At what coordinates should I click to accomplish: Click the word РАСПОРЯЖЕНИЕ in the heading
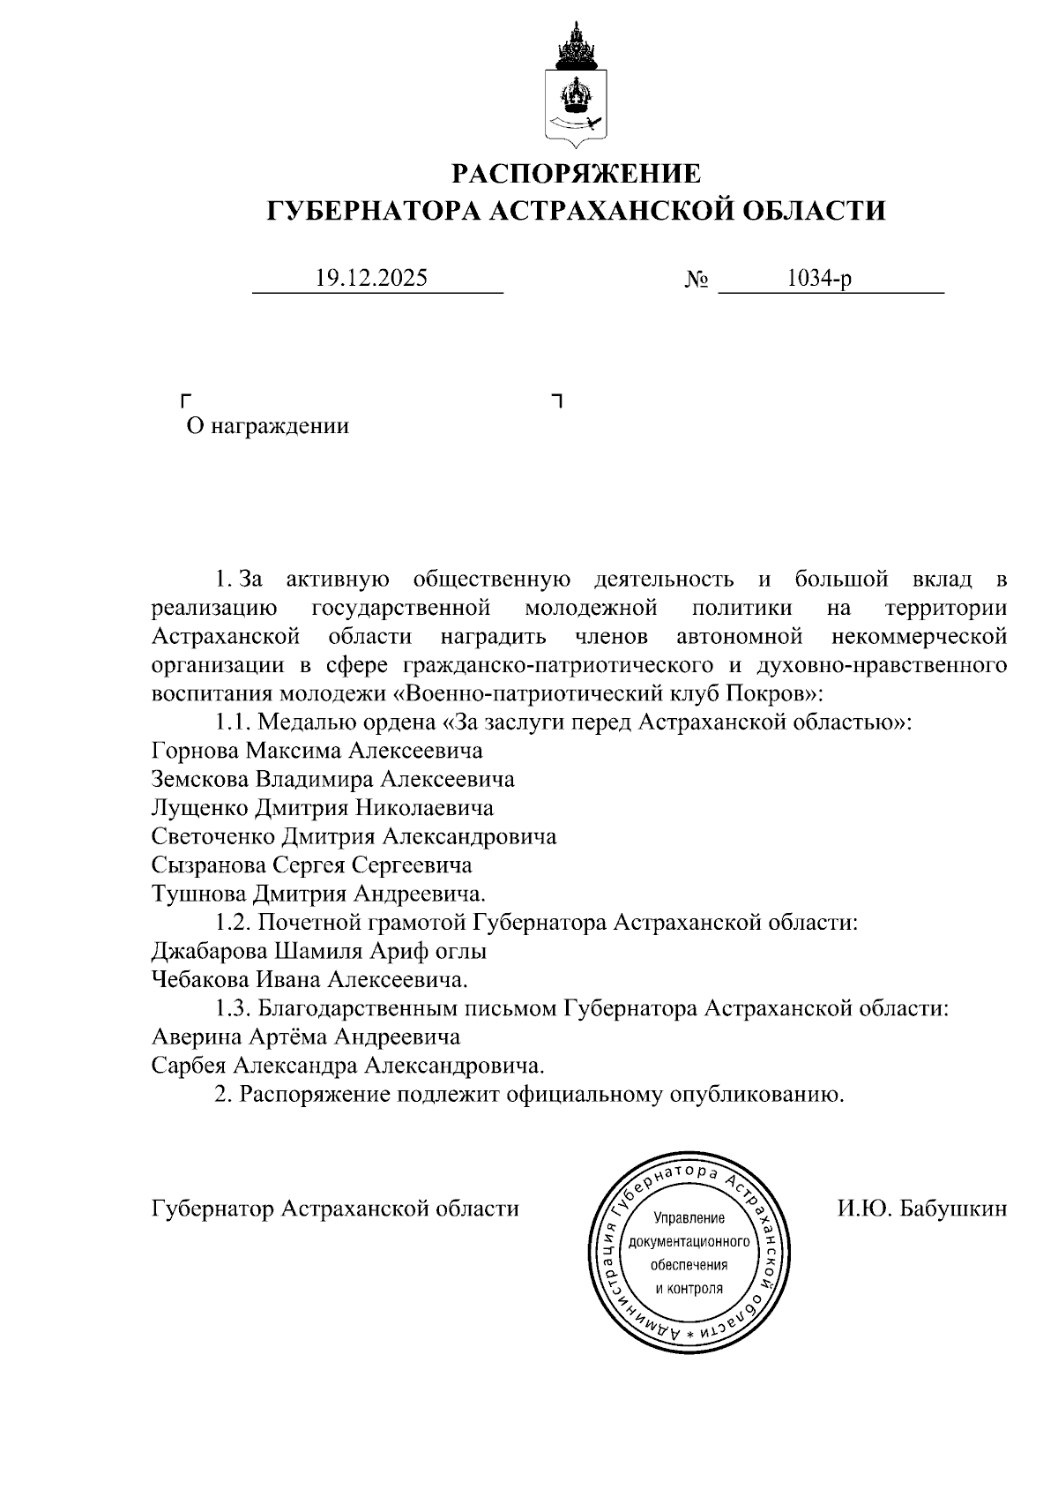[577, 173]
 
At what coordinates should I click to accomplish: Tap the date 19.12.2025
[371, 279]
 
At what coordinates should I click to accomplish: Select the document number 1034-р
[819, 279]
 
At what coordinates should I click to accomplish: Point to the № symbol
[697, 281]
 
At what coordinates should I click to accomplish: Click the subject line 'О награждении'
[267, 427]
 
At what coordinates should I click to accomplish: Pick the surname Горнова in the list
[196, 751]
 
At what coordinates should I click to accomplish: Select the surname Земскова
[202, 779]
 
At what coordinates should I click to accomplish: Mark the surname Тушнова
[200, 893]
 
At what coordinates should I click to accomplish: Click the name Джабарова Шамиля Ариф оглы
[319, 951]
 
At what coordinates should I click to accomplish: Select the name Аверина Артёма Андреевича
[306, 1037]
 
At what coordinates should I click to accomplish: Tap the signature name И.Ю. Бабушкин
[921, 1209]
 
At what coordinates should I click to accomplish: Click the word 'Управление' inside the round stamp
[689, 1218]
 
